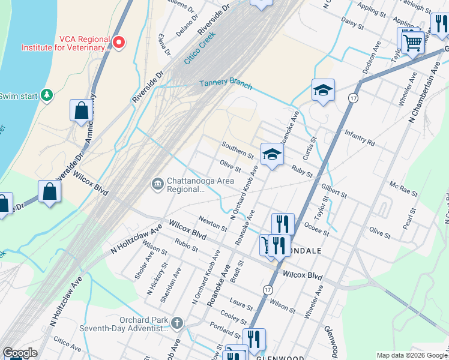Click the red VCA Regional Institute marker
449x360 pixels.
click(x=119, y=42)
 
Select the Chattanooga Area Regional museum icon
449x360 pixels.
click(x=157, y=184)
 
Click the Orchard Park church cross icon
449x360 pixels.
click(x=176, y=323)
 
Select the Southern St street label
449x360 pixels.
click(x=237, y=150)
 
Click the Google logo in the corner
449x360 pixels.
click(x=20, y=353)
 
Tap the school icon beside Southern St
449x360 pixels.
click(x=271, y=154)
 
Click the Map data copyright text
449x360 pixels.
click(x=411, y=355)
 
